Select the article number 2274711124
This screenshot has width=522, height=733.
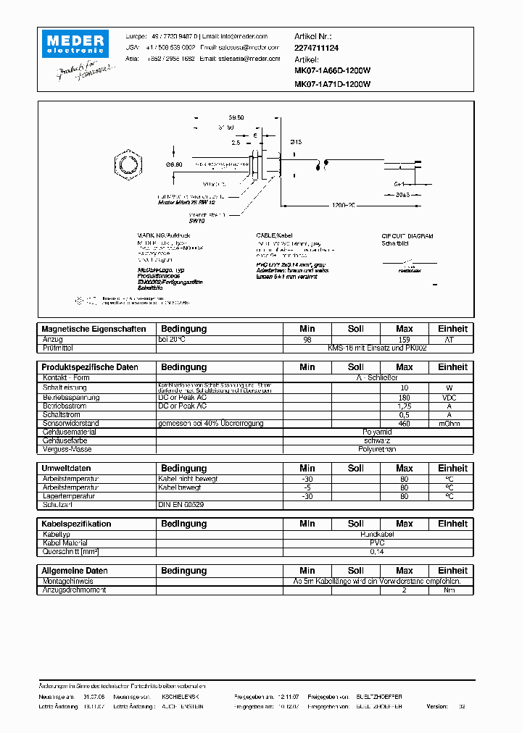(x=317, y=47)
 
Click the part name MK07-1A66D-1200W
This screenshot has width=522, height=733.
(x=332, y=72)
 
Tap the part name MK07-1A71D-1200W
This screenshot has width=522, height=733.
(x=332, y=84)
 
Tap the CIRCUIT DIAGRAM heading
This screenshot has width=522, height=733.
(x=407, y=236)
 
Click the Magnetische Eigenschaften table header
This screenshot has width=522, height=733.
(x=94, y=329)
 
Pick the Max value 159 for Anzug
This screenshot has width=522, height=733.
(x=405, y=339)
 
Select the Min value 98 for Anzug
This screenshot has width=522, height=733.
(x=307, y=339)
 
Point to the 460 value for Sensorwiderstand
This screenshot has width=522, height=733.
(x=405, y=423)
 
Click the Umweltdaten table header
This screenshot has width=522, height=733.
(x=66, y=469)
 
